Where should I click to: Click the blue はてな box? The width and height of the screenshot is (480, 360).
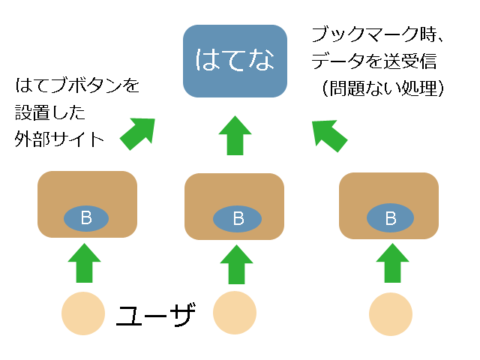[235, 61]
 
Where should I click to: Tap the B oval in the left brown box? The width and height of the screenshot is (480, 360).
[86, 218]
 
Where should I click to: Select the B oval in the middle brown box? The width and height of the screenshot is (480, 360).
[237, 219]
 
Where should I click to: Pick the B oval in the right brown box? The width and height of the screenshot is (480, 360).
[390, 218]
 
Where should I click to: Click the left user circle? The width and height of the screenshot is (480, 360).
[83, 313]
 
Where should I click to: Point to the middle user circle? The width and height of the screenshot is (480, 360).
[235, 313]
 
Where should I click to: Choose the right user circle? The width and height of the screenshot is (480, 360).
[391, 314]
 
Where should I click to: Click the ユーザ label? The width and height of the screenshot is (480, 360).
[156, 315]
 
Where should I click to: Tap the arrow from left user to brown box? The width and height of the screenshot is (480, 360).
[84, 263]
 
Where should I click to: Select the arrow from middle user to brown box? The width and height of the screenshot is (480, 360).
[236, 265]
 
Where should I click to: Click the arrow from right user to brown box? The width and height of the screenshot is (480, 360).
[392, 263]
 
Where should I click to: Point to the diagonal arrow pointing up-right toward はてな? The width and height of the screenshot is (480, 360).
[138, 133]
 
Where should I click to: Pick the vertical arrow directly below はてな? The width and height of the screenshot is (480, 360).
[235, 135]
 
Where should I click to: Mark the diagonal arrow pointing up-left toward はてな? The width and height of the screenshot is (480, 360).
[328, 135]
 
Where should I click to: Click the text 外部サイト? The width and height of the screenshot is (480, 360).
[59, 139]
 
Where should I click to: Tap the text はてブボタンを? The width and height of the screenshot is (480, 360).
[77, 85]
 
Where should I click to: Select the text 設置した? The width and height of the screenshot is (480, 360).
[50, 112]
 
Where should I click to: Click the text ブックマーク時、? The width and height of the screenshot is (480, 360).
[378, 34]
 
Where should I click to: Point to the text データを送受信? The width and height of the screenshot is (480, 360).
[374, 61]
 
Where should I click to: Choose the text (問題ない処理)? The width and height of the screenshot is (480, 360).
[383, 88]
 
